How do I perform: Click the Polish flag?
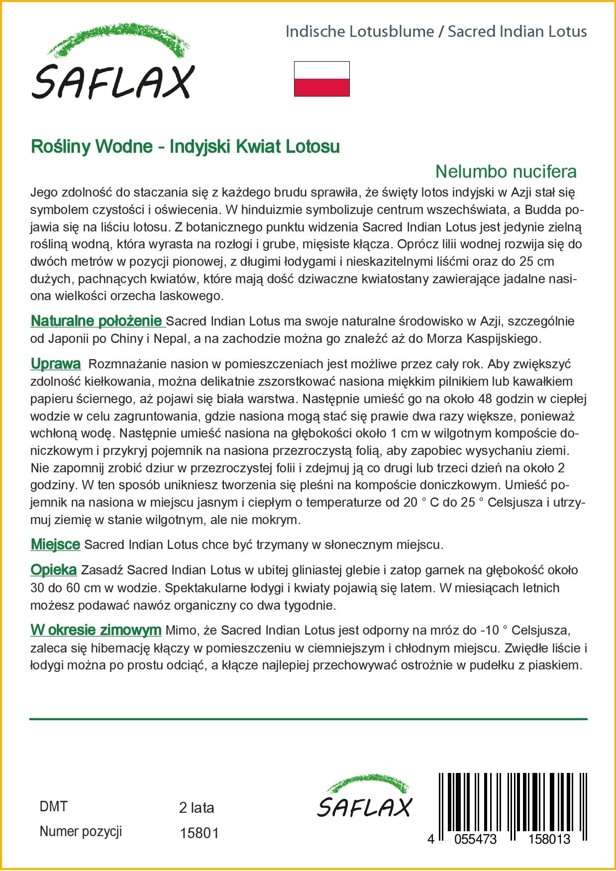tap(321, 79)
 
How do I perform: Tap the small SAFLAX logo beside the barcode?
tap(365, 796)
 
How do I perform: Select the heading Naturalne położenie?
tap(97, 322)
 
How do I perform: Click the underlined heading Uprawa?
tap(55, 364)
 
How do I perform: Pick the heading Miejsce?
tap(55, 544)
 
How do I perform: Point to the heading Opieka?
tap(53, 570)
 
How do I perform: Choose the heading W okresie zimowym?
tap(96, 630)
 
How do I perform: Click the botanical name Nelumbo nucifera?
tap(506, 172)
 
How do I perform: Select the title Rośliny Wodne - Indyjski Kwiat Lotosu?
tap(185, 147)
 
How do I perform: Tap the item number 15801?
tap(199, 833)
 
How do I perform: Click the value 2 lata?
tap(196, 808)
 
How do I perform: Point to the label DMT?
tap(53, 807)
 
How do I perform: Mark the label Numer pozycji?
tap(81, 832)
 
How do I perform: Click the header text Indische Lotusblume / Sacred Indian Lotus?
tap(436, 32)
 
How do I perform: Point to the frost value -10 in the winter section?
tap(490, 631)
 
